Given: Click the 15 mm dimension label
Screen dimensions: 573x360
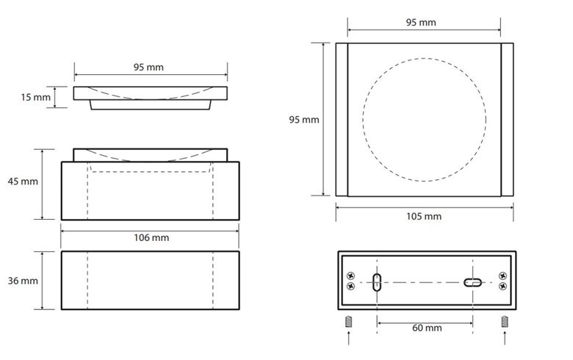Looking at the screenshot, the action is click(x=35, y=97).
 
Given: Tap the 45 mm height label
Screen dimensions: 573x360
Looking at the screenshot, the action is click(x=23, y=181).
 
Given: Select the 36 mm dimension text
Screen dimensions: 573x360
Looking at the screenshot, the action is click(x=23, y=281).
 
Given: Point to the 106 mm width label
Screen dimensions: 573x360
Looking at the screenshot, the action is click(x=151, y=237).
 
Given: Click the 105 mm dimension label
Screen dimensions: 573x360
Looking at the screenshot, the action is click(x=424, y=216).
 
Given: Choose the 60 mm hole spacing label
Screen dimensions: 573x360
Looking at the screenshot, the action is click(x=427, y=328).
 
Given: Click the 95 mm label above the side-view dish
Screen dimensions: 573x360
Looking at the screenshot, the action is click(x=148, y=68).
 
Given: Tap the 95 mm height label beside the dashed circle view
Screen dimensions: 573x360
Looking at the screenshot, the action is click(x=303, y=120).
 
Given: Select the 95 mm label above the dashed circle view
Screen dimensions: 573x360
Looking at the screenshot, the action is click(x=421, y=22).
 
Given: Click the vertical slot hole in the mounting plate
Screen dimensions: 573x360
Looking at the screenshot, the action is click(x=377, y=282).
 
